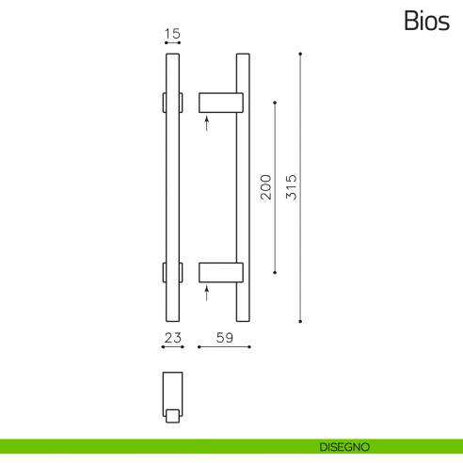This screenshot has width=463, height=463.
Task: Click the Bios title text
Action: point(429,20)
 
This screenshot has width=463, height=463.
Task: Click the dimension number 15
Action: point(171,34)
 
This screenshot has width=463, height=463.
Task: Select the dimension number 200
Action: point(265,186)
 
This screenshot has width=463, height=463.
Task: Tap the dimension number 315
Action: point(291,186)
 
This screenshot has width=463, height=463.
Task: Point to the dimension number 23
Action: point(171,336)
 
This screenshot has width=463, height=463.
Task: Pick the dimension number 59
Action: point(223,336)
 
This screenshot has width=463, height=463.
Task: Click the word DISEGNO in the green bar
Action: point(344,445)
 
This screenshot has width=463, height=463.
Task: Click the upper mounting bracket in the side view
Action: point(221,102)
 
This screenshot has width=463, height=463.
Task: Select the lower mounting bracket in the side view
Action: point(221,272)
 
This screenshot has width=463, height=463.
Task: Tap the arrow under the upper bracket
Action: point(206,121)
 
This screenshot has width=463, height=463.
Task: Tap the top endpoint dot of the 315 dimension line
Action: point(300,55)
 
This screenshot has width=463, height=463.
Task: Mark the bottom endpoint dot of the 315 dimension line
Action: point(300,320)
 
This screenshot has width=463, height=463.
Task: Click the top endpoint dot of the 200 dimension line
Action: point(275,102)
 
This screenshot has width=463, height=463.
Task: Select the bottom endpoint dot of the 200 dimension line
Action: point(275,272)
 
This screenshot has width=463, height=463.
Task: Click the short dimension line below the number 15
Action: point(171,43)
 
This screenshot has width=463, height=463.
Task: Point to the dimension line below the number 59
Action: point(224,347)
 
